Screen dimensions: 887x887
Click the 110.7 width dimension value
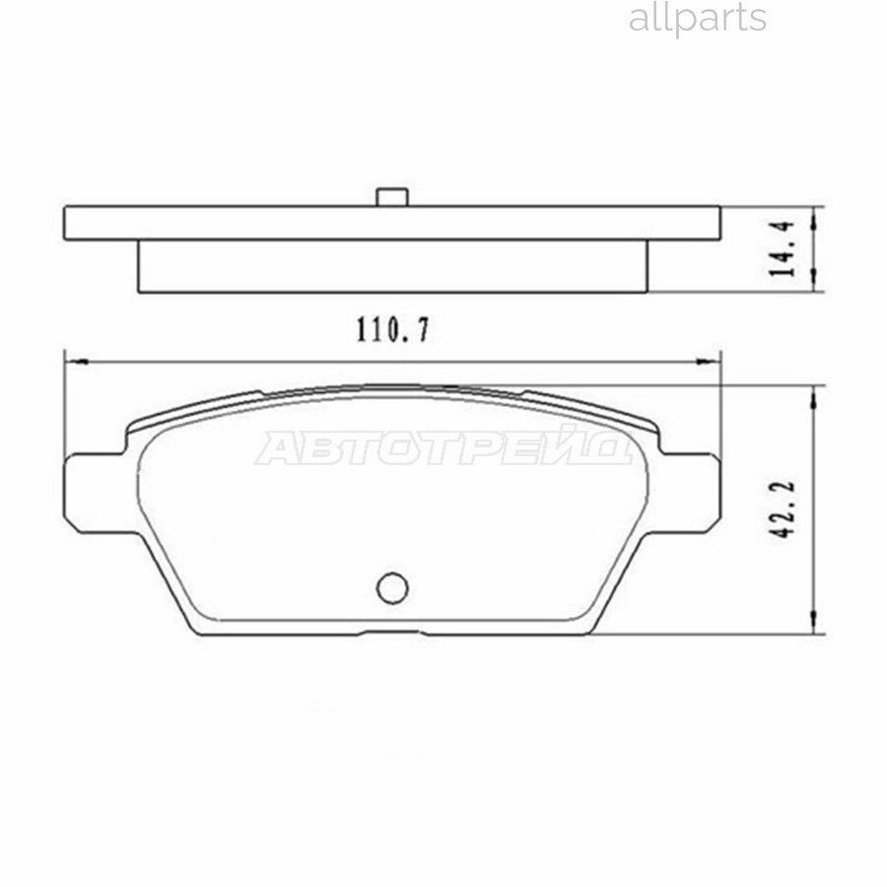pos(392,330)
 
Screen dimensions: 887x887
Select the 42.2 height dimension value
pos(785,508)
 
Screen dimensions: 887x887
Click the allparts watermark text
pos(697,18)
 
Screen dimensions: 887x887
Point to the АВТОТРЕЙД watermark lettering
pos(443,448)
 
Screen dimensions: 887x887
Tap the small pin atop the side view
pos(392,197)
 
